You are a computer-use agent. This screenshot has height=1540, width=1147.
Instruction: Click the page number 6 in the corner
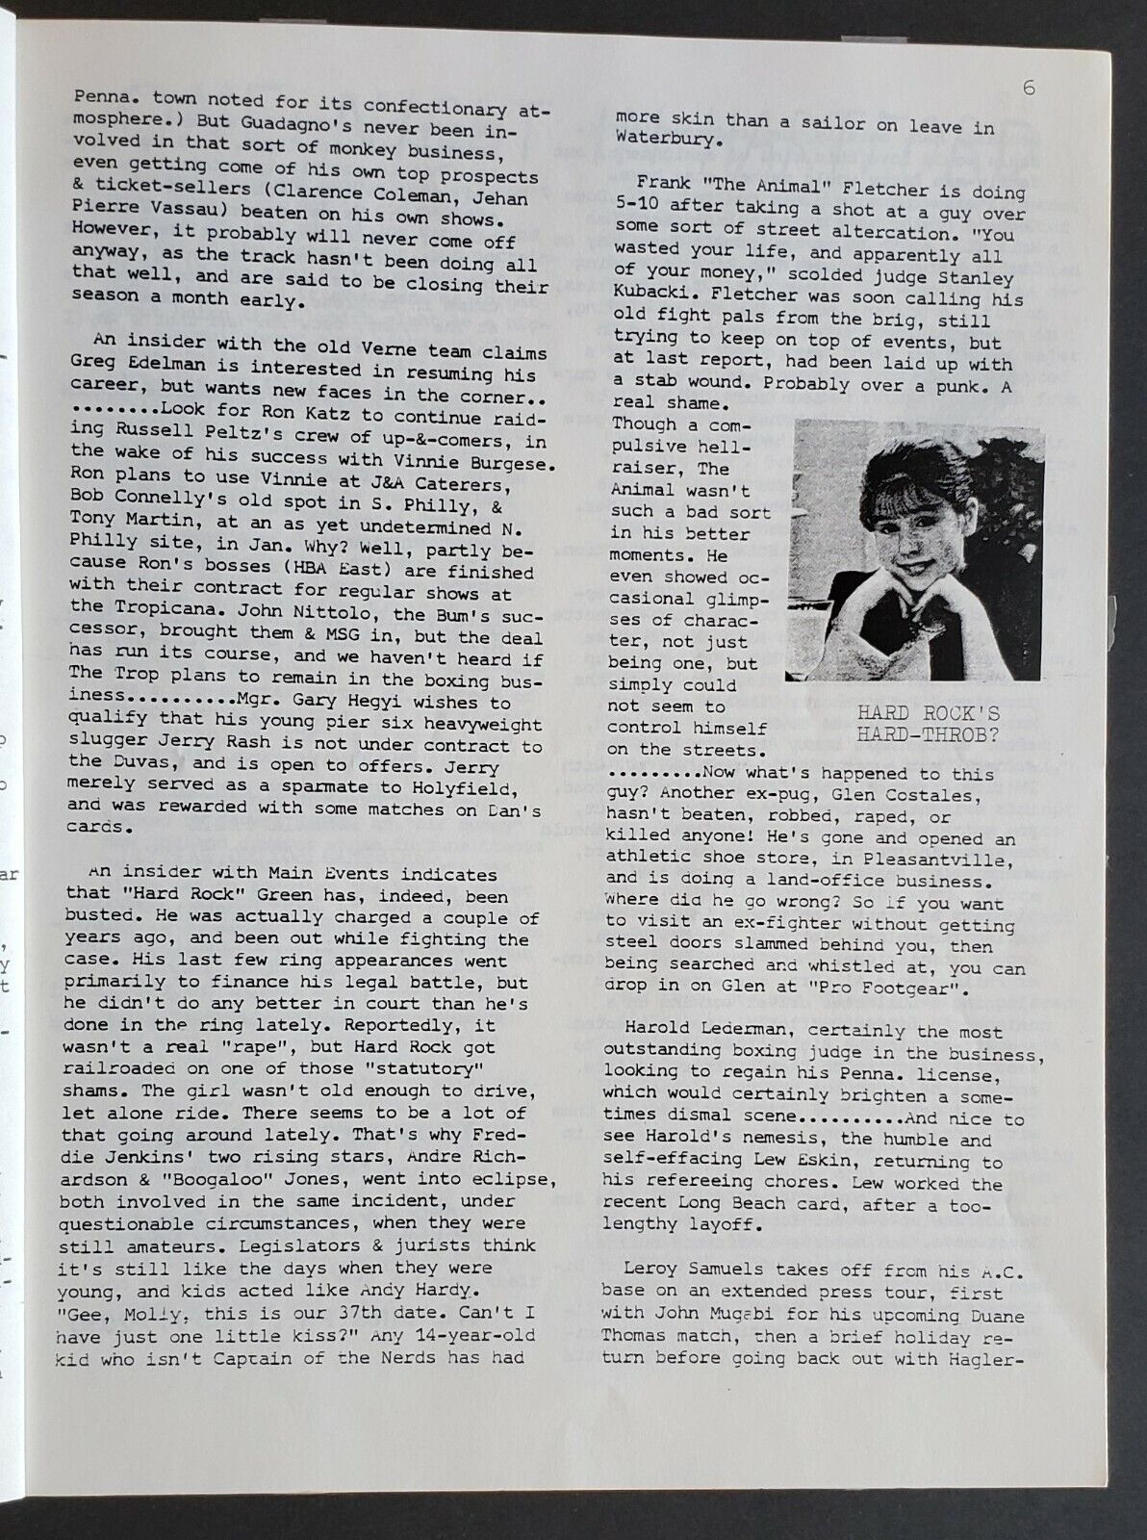1029,90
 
